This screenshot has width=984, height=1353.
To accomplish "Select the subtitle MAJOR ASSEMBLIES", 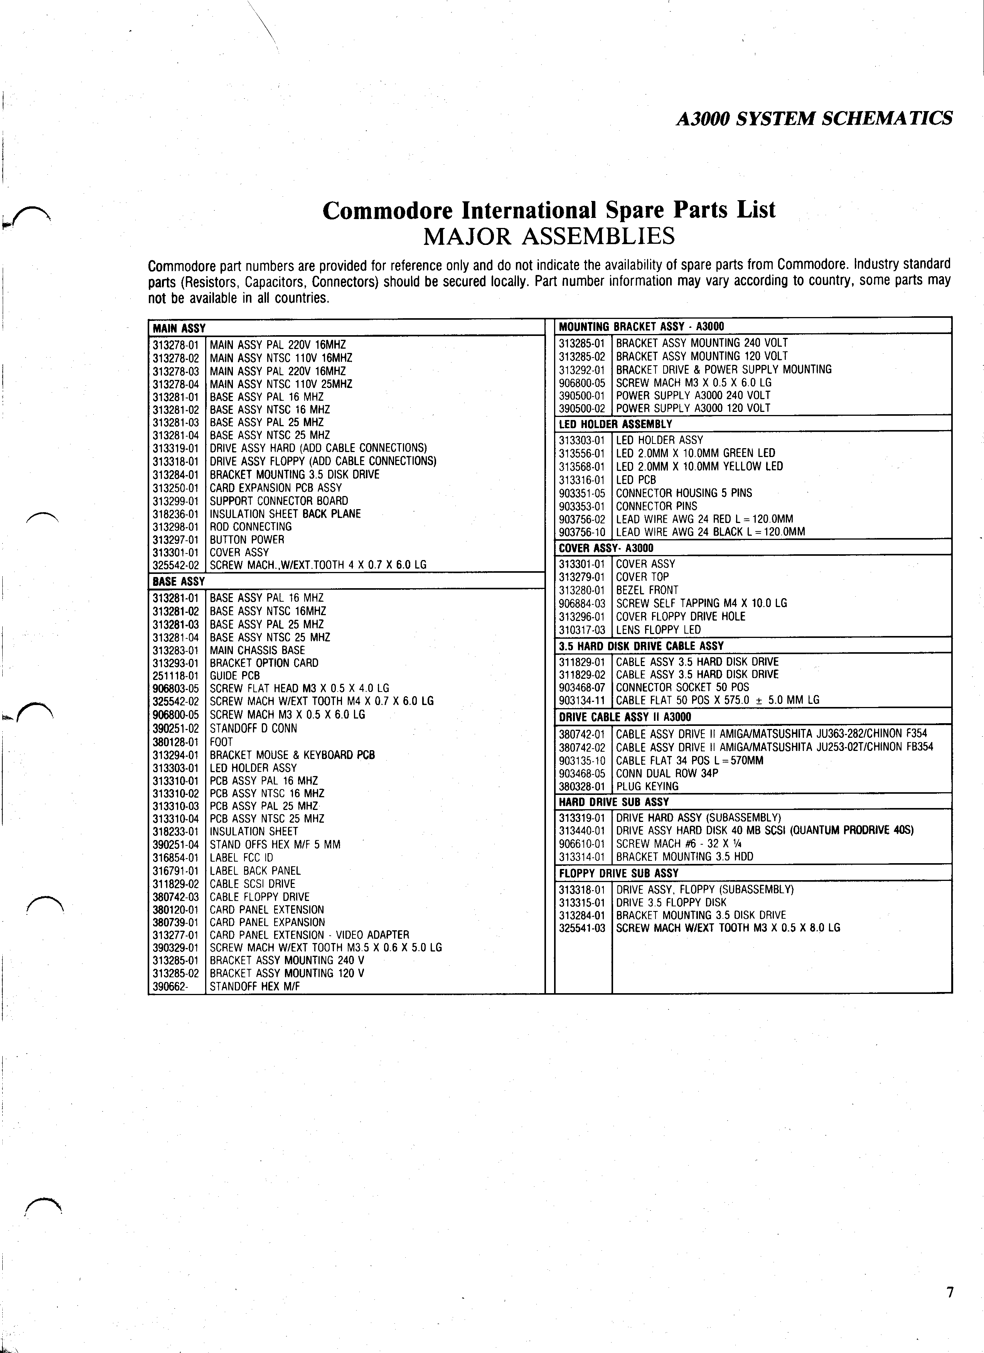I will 549,236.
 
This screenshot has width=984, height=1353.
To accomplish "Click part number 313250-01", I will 175,488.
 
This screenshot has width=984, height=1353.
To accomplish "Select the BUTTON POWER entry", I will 247,539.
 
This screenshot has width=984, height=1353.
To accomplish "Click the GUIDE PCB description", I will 234,675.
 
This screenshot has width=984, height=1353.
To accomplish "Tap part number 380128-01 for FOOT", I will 175,742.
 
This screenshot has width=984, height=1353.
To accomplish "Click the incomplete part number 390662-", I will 170,986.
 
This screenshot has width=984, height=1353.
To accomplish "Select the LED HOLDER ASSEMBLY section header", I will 615,424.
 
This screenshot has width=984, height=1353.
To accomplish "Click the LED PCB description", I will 636,480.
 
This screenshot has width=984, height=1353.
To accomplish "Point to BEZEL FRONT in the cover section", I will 647,590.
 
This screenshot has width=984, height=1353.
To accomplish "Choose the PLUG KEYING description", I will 647,786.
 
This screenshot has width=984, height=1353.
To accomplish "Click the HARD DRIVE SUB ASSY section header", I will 614,802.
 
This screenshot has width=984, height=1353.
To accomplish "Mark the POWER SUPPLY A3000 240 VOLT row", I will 693,395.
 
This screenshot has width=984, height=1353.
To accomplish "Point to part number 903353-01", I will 581,506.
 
